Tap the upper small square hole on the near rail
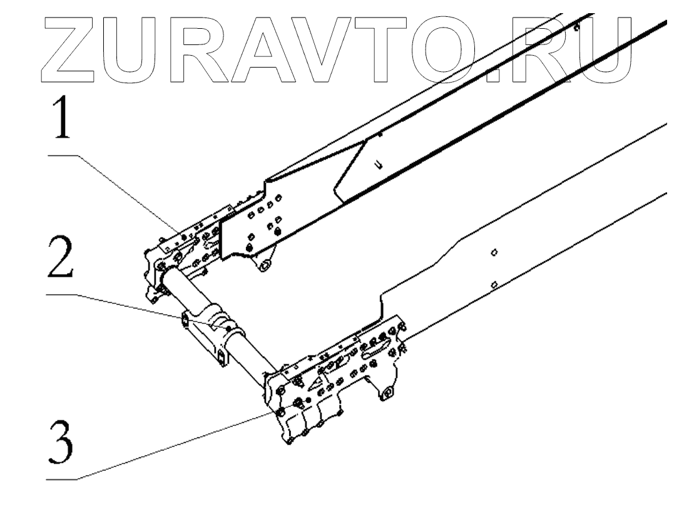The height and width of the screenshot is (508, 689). click(494, 252)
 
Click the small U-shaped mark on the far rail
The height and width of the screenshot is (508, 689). click(378, 165)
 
